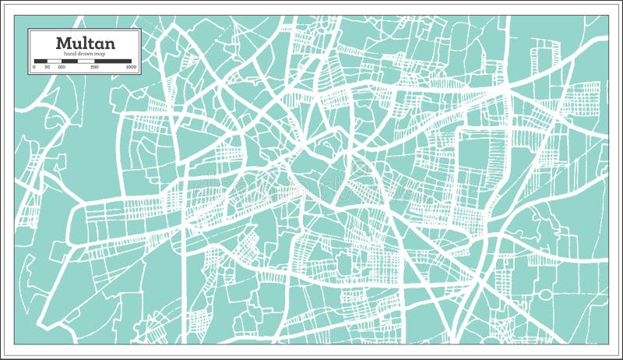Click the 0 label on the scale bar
point(34,68)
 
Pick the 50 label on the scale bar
point(48,68)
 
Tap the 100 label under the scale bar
point(61,68)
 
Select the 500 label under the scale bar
point(94,68)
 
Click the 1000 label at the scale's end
point(131,68)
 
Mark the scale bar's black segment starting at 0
point(40,61)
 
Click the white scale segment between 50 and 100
point(55,61)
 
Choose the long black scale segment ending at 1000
point(113,61)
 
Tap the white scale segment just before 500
point(86,61)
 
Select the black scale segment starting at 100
point(69,61)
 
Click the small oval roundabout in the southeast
point(546,295)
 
